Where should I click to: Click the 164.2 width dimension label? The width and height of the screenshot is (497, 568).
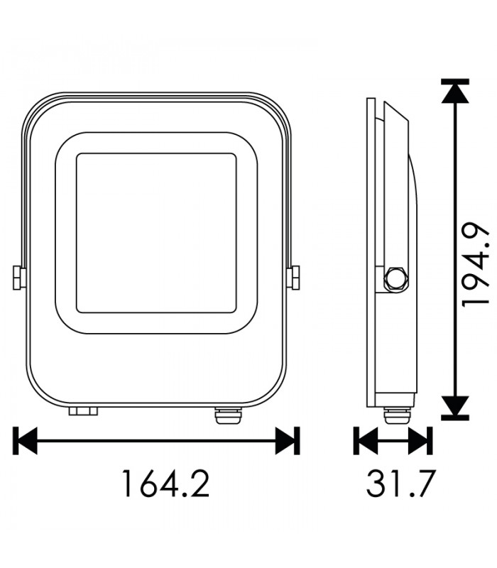pyautogui.click(x=166, y=483)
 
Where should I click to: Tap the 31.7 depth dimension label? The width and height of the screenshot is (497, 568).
pyautogui.click(x=400, y=483)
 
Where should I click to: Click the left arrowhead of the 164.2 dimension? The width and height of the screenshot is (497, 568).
pyautogui.click(x=25, y=441)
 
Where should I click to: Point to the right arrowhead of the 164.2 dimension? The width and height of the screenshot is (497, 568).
pyautogui.click(x=288, y=441)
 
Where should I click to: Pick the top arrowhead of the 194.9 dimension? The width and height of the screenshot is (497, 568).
pyautogui.click(x=455, y=91)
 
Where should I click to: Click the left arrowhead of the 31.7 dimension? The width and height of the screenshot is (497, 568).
pyautogui.click(x=366, y=441)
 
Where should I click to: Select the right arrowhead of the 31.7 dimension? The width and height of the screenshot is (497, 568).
pyautogui.click(x=420, y=441)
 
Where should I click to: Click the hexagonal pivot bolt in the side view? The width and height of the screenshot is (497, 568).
pyautogui.click(x=395, y=279)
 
